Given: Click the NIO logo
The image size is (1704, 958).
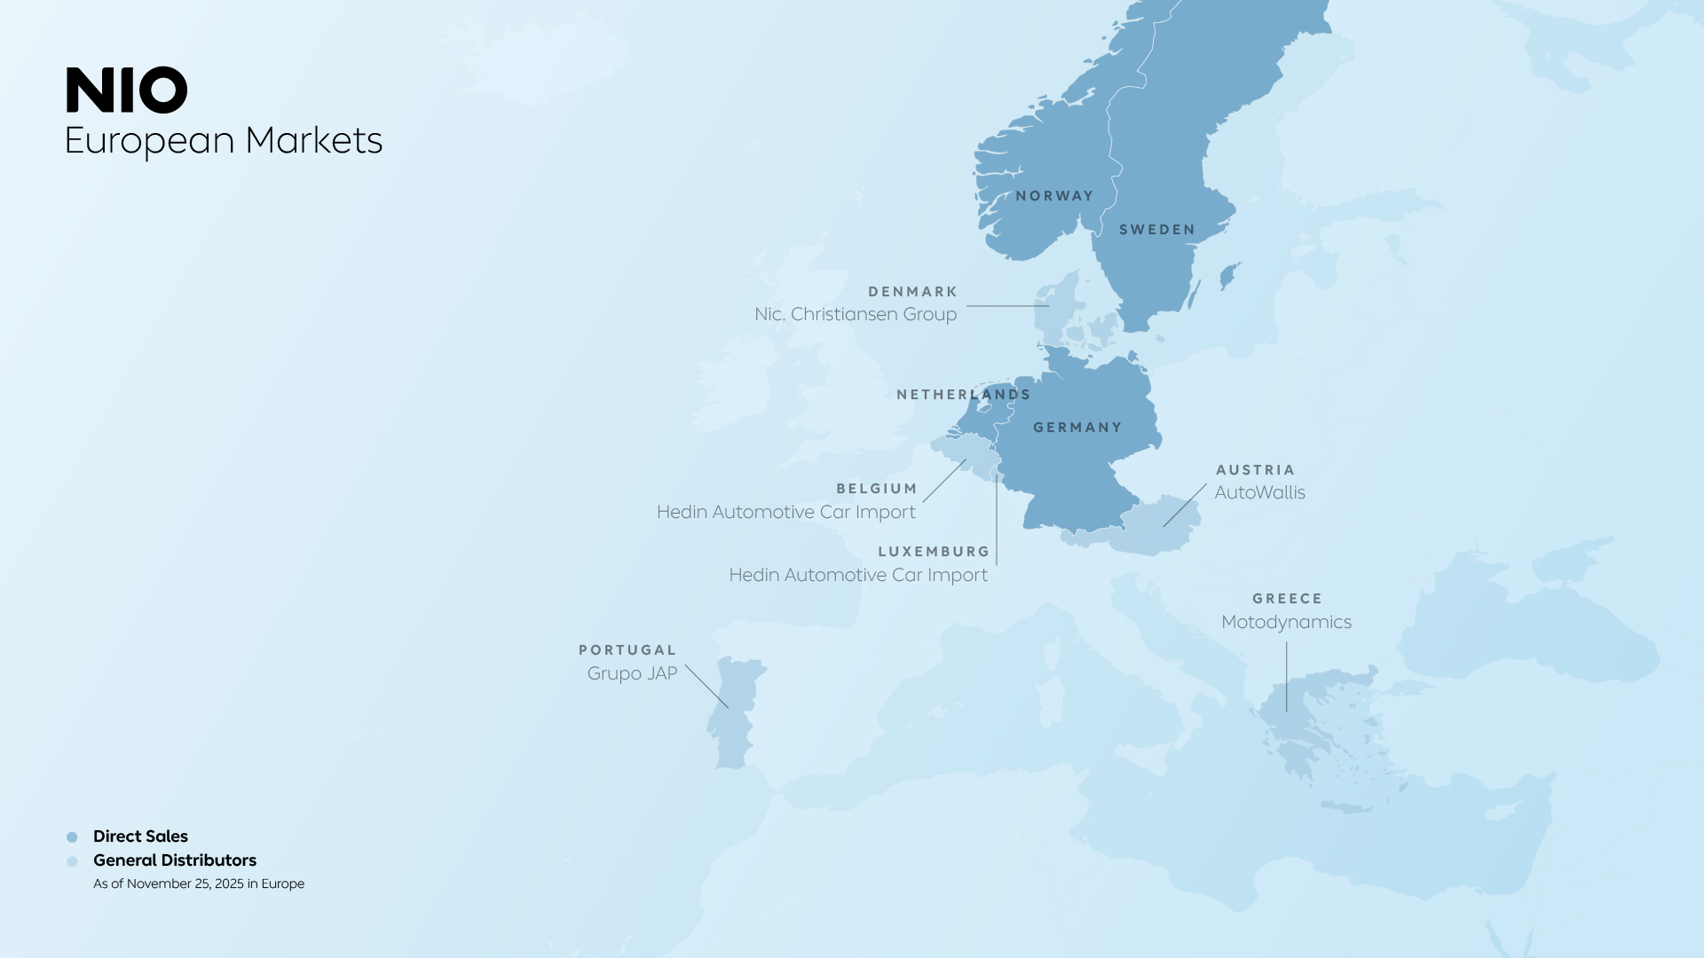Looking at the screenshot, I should (126, 90).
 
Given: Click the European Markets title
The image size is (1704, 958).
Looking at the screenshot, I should (223, 140).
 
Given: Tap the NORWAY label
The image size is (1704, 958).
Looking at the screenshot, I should (1054, 196).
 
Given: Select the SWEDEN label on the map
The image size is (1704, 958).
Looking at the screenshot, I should (1157, 230).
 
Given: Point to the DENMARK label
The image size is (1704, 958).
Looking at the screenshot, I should (912, 292).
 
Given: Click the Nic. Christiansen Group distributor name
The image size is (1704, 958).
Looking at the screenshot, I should (856, 314).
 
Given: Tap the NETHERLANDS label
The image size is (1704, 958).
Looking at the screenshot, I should (963, 395).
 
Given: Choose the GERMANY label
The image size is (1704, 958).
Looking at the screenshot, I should (1077, 428).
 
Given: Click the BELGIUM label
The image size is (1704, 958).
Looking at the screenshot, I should (877, 489).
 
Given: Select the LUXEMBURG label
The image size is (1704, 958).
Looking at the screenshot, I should (934, 552).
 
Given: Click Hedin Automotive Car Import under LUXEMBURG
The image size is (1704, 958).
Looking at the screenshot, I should (858, 575).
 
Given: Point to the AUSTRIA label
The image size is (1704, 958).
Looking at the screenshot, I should (1255, 470).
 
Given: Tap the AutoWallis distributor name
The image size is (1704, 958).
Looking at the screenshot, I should (1259, 492).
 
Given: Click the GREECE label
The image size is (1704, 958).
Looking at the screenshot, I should (1287, 599).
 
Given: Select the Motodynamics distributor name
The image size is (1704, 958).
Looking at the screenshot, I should (1286, 622).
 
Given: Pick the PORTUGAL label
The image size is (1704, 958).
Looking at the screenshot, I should (627, 650).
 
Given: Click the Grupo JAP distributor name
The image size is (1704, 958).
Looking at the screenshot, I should (632, 673).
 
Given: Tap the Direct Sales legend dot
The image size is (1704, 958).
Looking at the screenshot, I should (72, 837).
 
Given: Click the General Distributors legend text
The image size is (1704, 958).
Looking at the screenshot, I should (175, 860).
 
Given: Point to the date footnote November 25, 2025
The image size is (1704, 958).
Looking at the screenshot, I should (199, 883).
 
